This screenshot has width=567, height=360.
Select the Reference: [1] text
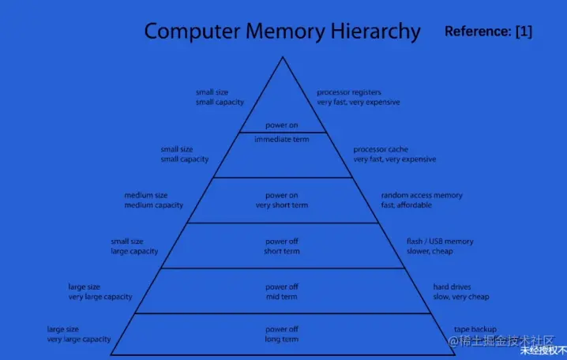[x=488, y=32]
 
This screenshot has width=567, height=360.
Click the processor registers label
[x=350, y=92]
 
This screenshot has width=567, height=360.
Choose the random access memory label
[x=422, y=195]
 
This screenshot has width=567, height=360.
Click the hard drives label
[x=452, y=287]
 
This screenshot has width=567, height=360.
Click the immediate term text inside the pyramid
[x=282, y=139]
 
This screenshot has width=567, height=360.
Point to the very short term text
[x=282, y=205]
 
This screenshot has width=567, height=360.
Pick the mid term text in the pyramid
[x=282, y=297]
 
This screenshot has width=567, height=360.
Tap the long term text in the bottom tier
[x=282, y=339]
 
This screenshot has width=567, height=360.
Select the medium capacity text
[x=153, y=205]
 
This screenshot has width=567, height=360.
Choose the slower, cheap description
[x=430, y=251]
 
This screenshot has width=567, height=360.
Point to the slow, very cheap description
[x=460, y=297]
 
